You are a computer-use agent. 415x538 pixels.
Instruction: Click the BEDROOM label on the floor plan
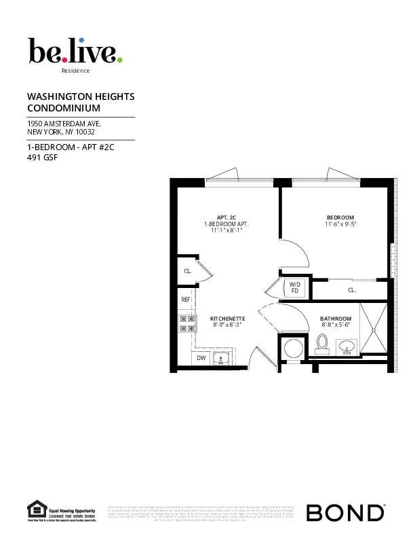coord(340,217)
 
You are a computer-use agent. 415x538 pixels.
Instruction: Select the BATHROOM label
coord(336,319)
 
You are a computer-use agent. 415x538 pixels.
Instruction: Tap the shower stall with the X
coord(374,329)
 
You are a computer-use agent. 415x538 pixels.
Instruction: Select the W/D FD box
coord(295,287)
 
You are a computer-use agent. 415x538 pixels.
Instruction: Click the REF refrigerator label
coord(185,299)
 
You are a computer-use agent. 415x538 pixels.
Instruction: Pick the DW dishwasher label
coord(201,357)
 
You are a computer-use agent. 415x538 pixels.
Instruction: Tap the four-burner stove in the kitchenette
coord(187,323)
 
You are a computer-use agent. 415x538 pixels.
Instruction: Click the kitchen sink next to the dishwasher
coord(220,357)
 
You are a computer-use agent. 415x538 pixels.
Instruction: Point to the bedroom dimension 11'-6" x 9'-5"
coord(340,223)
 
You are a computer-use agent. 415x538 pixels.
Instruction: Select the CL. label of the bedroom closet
coord(352,290)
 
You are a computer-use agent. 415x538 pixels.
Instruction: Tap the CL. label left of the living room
coord(187,270)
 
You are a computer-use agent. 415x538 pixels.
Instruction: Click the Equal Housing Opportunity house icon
coord(35,508)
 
